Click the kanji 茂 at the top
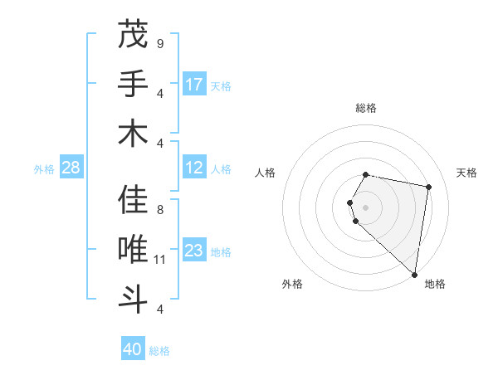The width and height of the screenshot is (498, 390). click(133, 35)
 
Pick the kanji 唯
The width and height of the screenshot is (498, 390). click(133, 249)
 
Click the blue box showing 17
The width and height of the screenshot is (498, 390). click(194, 84)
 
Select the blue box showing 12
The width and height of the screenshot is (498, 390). click(194, 168)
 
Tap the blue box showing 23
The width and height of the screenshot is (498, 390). click(194, 251)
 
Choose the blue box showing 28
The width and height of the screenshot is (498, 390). click(71, 168)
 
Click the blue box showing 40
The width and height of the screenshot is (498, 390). click(133, 349)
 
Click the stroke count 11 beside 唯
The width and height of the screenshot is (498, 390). click(161, 260)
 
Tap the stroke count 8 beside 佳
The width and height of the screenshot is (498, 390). click(160, 210)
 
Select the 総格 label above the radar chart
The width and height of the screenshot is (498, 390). click(366, 108)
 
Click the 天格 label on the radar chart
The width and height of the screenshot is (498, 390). click(466, 173)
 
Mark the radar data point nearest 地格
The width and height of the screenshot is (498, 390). click(414, 274)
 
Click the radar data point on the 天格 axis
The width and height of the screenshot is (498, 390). click(428, 188)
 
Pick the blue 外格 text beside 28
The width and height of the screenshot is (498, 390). click(44, 169)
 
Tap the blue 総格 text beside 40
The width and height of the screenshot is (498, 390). click(159, 351)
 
